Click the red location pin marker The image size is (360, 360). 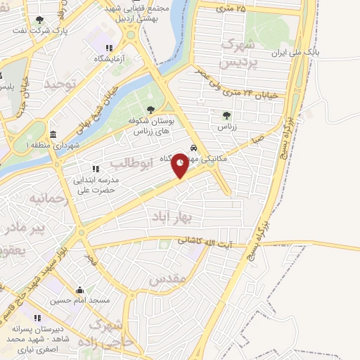coord(180,165)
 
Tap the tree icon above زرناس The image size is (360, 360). coord(226,116)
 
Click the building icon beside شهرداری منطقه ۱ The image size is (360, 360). coord(53,134)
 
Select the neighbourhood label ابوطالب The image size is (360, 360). coord(132,164)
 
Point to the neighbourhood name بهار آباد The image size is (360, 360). coord(168,219)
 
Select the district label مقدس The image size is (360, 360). coord(168,278)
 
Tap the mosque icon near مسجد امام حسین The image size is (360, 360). coord(79,290)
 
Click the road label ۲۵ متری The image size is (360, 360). coord(231,8)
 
